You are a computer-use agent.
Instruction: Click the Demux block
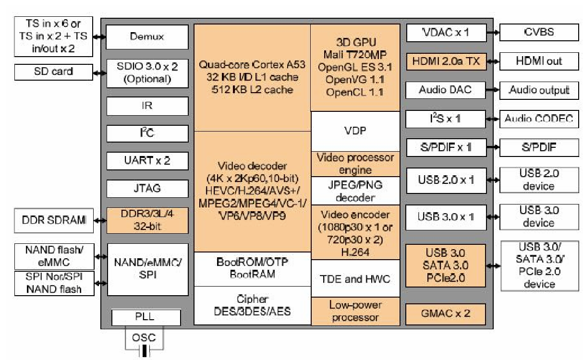147,36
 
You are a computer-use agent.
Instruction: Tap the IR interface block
147,105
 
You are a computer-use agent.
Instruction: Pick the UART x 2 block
147,160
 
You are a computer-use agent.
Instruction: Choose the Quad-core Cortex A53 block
252,76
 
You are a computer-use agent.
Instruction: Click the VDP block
355,131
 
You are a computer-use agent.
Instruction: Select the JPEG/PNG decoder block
355,191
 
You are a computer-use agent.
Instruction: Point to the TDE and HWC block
355,278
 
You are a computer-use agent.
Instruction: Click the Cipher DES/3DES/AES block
252,305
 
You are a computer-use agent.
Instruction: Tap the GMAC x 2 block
445,313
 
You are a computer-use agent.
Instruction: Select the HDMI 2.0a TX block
445,61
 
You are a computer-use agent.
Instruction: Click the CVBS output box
539,33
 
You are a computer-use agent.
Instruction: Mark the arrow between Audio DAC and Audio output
492,90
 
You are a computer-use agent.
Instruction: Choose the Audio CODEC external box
539,119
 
